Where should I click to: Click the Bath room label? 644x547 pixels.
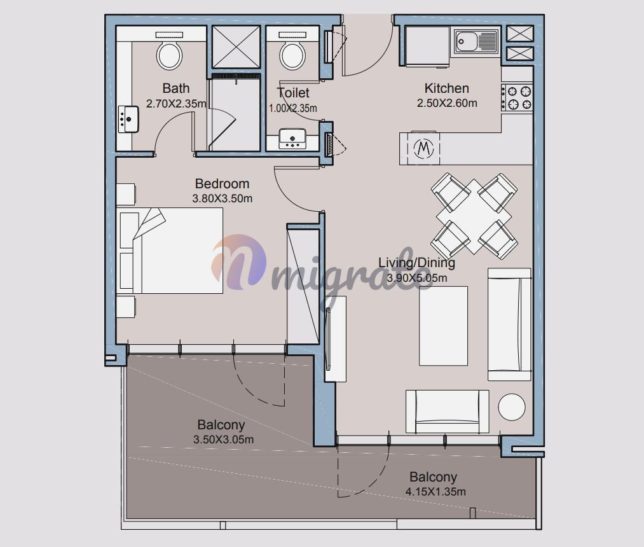176,88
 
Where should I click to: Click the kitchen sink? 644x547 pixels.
476,41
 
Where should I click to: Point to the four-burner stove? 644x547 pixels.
517,97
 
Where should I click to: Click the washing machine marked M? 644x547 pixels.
424,148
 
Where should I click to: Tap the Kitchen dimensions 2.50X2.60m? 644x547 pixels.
447,103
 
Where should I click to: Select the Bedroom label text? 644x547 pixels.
222,184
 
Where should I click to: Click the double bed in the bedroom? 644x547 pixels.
170,250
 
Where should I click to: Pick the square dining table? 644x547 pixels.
474,216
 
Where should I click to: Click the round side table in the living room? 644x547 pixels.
512,407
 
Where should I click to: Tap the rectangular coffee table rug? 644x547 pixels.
443,326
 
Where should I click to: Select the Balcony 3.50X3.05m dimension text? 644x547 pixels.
223,440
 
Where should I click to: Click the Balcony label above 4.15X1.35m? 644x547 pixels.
433,477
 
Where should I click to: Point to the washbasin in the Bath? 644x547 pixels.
128,119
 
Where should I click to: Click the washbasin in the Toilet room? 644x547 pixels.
292,139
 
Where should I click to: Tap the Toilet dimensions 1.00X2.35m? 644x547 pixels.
293,109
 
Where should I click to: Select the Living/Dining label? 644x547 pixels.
416,263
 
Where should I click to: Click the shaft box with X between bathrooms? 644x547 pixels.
236,47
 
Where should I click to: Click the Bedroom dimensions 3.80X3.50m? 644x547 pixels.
223,199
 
